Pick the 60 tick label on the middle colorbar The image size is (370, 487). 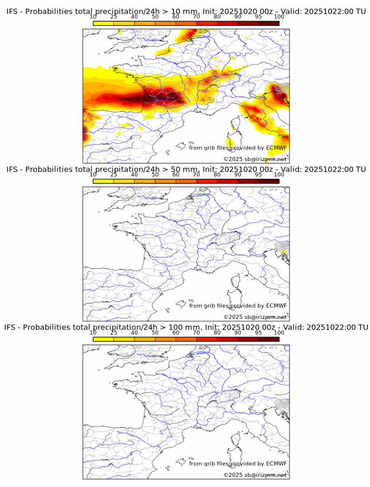click(x=176, y=174)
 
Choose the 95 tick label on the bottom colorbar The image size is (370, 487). click(x=258, y=332)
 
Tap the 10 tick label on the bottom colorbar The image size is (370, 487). click(x=93, y=332)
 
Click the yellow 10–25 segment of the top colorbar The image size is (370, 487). click(x=103, y=22)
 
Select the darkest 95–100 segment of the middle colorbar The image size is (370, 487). click(x=268, y=181)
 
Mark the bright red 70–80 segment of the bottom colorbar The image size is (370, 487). click(x=206, y=339)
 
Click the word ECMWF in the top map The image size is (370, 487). click(x=277, y=148)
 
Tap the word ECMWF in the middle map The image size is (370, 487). click(x=277, y=305)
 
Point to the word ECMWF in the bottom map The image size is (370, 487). click(x=277, y=463)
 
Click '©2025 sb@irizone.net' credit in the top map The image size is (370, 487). click(x=255, y=159)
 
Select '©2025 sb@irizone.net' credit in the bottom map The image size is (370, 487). click(x=255, y=475)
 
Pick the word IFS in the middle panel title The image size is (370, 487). click(x=13, y=169)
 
